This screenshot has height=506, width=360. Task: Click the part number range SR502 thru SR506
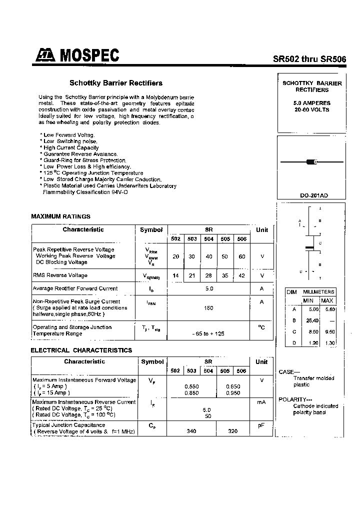point(309,58)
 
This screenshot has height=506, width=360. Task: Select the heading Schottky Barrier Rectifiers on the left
point(115,83)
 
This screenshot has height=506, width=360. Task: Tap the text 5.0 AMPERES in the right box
point(311,103)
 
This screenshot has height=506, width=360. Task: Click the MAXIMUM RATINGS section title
point(60,216)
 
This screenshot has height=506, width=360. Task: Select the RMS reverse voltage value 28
point(208,275)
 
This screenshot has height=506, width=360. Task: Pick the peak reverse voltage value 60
point(242,256)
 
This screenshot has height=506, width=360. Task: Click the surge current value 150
point(208,308)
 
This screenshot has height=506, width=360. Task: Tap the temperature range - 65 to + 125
point(208,333)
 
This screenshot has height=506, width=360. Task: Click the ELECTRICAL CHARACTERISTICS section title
point(81,350)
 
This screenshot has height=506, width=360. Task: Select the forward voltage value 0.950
point(233,393)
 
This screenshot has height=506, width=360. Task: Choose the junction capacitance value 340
point(191,431)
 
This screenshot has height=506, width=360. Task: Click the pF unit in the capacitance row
point(261,425)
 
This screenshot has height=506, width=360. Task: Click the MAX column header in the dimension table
point(327,300)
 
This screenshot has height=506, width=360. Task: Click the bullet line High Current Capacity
point(70,148)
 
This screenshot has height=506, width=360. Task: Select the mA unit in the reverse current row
point(261,402)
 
